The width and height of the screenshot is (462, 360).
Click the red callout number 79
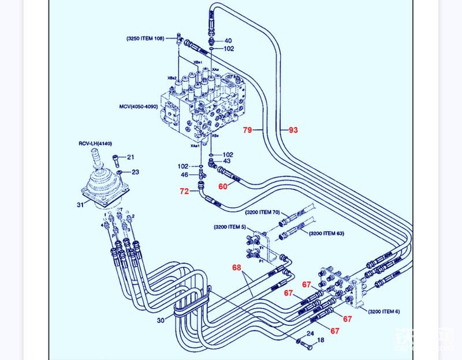click(247, 130)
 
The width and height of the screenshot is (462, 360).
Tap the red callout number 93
click(293, 130)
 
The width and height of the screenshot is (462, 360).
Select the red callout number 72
click(184, 190)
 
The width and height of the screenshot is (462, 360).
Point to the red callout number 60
click(223, 186)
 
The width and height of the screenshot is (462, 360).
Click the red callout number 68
click(237, 268)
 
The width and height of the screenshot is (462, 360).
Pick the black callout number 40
click(228, 41)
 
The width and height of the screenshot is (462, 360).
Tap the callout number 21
click(131, 157)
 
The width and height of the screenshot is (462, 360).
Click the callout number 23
click(135, 171)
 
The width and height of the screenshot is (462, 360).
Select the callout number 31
click(80, 204)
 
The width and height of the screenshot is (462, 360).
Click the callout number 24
click(310, 333)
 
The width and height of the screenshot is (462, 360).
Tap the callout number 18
click(321, 341)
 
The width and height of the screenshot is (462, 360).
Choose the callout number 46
click(184, 174)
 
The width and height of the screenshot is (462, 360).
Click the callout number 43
click(228, 162)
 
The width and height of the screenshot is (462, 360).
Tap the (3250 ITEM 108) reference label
click(145, 38)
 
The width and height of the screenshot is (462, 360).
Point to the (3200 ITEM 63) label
click(326, 233)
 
